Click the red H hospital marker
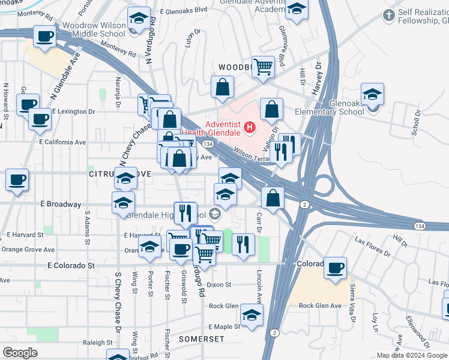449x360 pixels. [x=249, y=127]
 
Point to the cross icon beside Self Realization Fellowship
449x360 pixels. [x=389, y=14]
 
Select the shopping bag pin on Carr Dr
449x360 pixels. [x=273, y=198]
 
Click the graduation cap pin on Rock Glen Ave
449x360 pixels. [x=252, y=314]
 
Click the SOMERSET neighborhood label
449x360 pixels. [x=202, y=339]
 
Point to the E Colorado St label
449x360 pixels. [x=71, y=265]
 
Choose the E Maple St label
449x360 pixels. [x=224, y=327]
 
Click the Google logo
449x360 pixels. [x=20, y=353]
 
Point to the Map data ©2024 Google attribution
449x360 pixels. [x=412, y=355]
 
